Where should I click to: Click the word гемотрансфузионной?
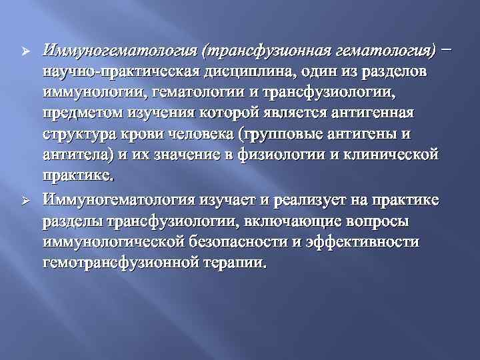coord(123,263)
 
